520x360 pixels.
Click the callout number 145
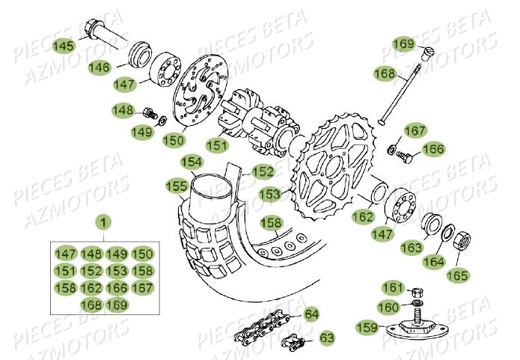pyautogui.click(x=64, y=46)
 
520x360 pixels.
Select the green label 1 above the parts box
pyautogui.click(x=104, y=222)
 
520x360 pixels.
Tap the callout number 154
pyautogui.click(x=192, y=161)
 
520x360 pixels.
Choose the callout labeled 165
pyautogui.click(x=457, y=275)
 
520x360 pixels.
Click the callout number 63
pyautogui.click(x=327, y=338)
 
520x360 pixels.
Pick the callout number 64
pyautogui.click(x=311, y=314)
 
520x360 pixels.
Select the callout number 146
pyautogui.click(x=120, y=67)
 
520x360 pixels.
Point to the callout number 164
pyautogui.click(x=432, y=261)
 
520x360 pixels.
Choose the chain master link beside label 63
pyautogui.click(x=294, y=344)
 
